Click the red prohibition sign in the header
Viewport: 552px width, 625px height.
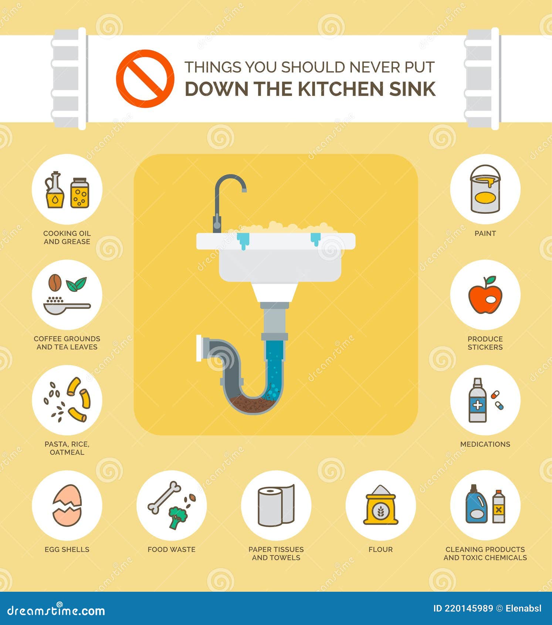145,78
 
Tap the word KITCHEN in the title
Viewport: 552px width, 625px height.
341,89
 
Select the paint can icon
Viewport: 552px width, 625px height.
485,189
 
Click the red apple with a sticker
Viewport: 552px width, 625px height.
485,295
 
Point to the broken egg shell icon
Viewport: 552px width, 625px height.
67,505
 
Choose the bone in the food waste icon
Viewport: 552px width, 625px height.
164,497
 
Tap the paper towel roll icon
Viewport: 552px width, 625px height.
276,506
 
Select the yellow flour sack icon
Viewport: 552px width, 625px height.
381,505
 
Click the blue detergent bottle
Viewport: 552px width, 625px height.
476,504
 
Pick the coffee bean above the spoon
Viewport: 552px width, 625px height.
55,283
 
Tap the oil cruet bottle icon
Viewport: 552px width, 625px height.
55,190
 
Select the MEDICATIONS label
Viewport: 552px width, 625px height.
485,444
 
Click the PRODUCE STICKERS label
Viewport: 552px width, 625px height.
485,343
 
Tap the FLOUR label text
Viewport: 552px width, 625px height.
380,550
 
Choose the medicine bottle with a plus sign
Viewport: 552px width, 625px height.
477,400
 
